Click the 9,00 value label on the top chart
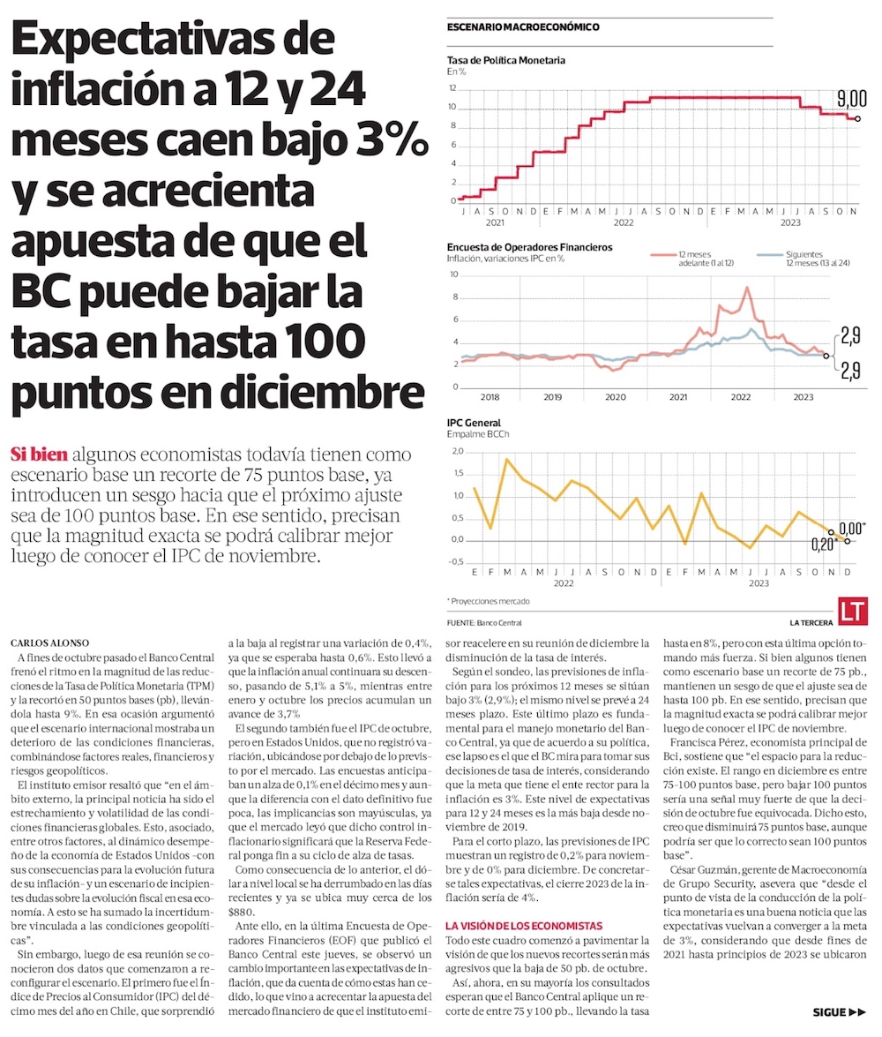click(x=850, y=97)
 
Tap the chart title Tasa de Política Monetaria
click(x=505, y=60)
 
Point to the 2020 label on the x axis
click(x=615, y=398)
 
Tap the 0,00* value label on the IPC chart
click(x=851, y=527)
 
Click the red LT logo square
click(x=852, y=611)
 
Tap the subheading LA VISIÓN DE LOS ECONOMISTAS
click(x=523, y=926)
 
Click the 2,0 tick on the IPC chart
click(x=456, y=451)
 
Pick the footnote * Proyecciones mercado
click(x=488, y=600)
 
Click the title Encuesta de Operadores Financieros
click(x=529, y=247)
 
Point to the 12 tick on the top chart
click(x=452, y=88)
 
